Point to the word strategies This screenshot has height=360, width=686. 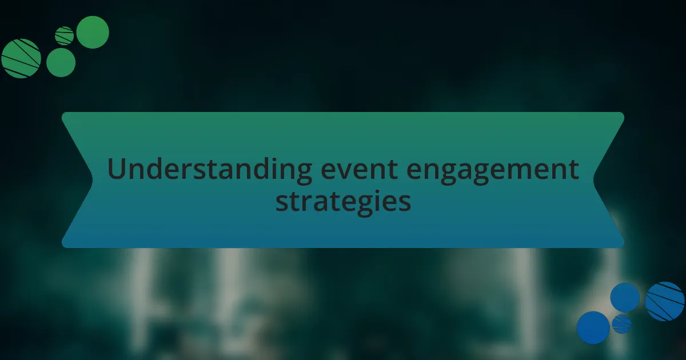coord(343,202)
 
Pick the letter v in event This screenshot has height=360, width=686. coord(345,171)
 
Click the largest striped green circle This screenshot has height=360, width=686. coord(21,58)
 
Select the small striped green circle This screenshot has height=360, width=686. coord(64,36)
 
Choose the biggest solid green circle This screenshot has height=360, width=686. coord(93,32)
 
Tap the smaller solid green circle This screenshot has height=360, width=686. coord(61,62)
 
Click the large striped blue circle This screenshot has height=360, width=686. coord(664,301)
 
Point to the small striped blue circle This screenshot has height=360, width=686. coord(622,324)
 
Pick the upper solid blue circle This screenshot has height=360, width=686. coord(625,298)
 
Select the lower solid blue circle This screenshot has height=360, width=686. coord(593,327)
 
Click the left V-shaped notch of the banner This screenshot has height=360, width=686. coord(92,180)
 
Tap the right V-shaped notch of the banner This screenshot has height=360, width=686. coord(594,180)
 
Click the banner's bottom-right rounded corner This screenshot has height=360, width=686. coord(621,245)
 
